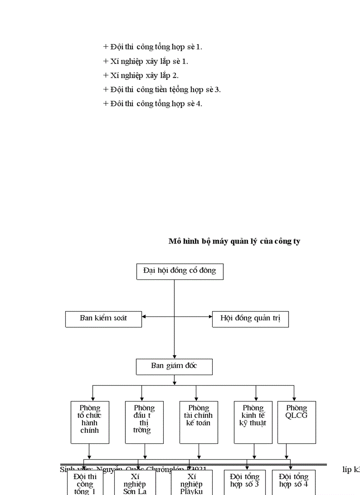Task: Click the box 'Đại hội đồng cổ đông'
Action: pyautogui.click(x=180, y=271)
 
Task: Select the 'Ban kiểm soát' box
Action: pyautogui.click(x=103, y=319)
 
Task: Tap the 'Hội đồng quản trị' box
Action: pyautogui.click(x=250, y=319)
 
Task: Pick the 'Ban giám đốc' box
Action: pyautogui.click(x=174, y=366)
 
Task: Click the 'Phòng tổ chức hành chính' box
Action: pyautogui.click(x=90, y=422)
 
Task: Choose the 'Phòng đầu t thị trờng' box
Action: pyautogui.click(x=144, y=422)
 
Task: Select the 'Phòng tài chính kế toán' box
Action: pyautogui.click(x=199, y=422)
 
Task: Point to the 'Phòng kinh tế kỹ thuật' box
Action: pyautogui.click(x=253, y=422)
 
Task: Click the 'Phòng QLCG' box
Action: pyautogui.click(x=296, y=422)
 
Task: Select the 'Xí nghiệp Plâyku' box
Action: pyautogui.click(x=191, y=483)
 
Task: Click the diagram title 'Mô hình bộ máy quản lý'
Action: pyautogui.click(x=234, y=241)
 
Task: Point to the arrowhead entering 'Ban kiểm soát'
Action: pyautogui.click(x=144, y=316)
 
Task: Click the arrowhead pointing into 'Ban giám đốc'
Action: pyautogui.click(x=174, y=357)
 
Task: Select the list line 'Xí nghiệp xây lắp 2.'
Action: pyautogui.click(x=141, y=75)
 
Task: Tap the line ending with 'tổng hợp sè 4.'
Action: pyautogui.click(x=153, y=104)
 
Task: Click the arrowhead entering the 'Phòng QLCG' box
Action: pyautogui.click(x=294, y=398)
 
